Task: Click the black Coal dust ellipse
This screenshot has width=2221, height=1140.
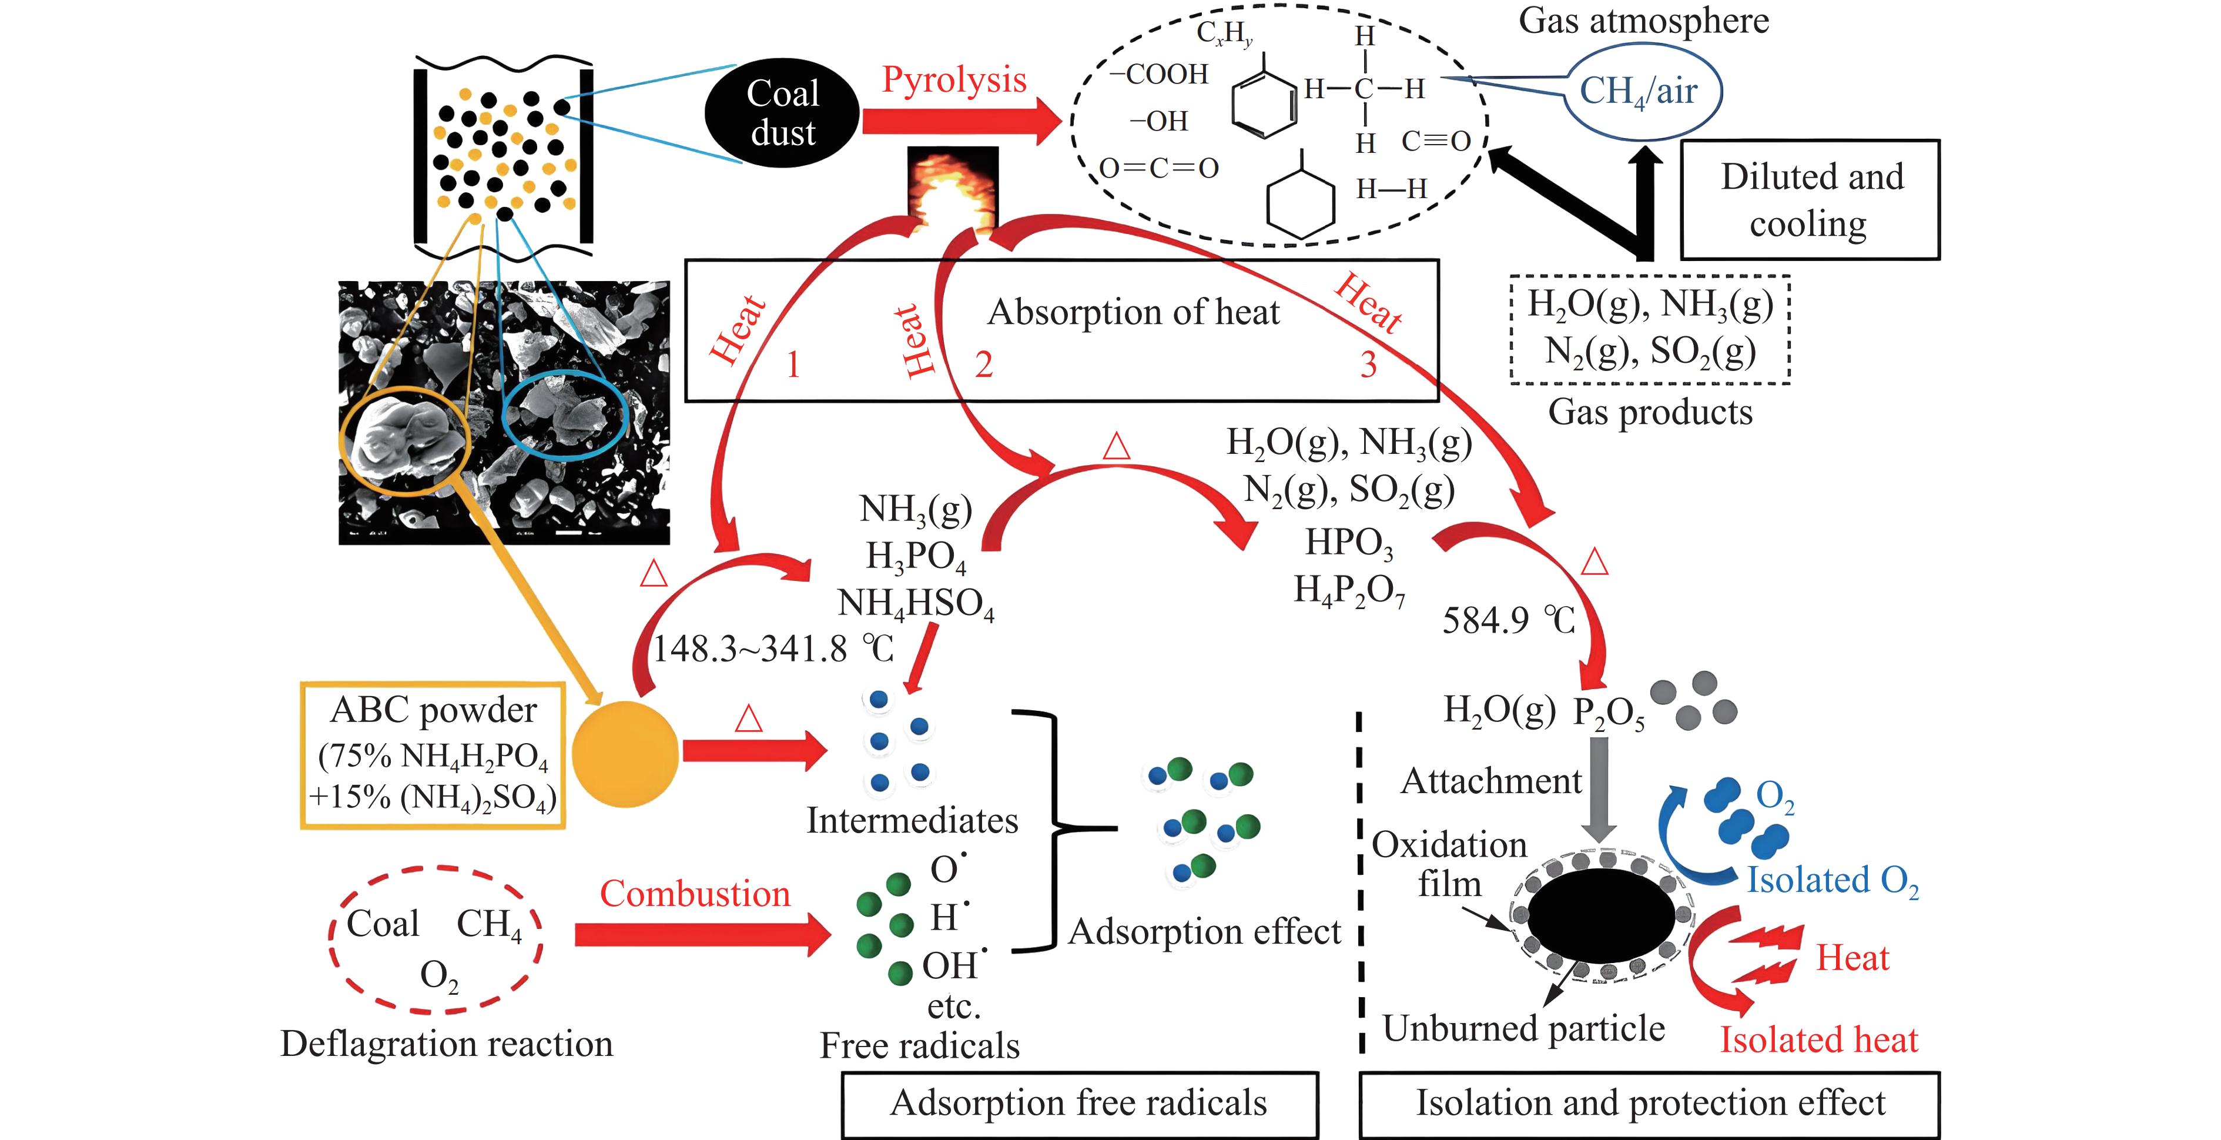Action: (782, 113)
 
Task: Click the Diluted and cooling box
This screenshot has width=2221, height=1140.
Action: (1810, 200)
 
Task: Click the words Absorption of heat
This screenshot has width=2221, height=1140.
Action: (1133, 312)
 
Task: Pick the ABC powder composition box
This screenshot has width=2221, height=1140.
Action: (433, 755)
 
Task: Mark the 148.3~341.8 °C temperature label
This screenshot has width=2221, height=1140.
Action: (772, 649)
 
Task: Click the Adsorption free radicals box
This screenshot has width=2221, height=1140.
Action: (1080, 1104)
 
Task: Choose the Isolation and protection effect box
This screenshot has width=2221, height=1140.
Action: (1649, 1104)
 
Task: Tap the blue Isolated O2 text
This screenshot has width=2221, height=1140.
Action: (1832, 881)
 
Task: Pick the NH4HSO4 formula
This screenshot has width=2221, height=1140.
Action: (916, 604)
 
